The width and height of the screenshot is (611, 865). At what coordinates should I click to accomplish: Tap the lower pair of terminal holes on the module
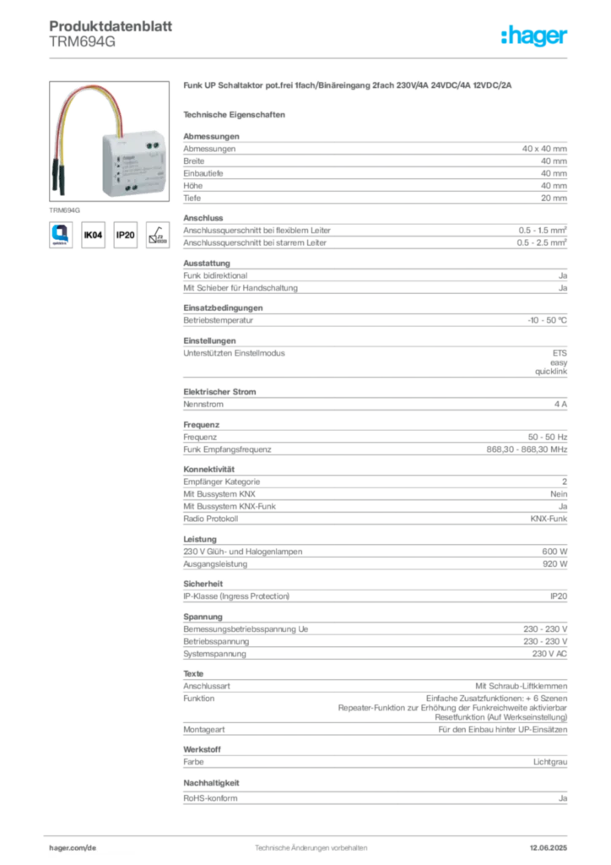(133, 190)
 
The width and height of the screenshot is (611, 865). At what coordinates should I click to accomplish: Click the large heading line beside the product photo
(346, 88)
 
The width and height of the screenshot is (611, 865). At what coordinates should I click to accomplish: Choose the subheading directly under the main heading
(236, 113)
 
